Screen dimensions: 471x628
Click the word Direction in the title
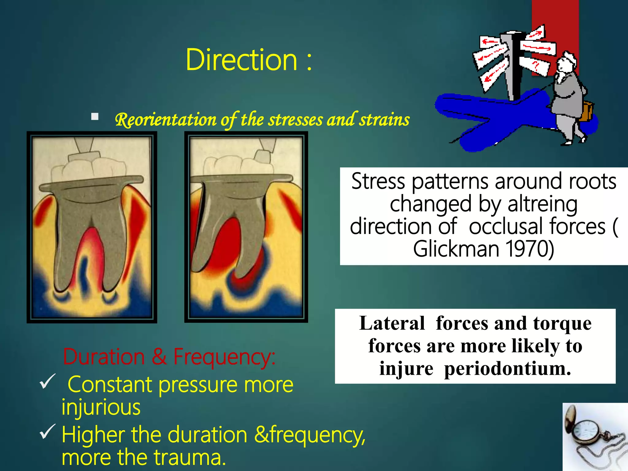pos(242,60)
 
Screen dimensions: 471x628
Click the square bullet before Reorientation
pos(95,117)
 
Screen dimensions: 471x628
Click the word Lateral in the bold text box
pos(392,323)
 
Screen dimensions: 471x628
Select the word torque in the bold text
pos(562,323)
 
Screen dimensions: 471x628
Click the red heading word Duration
pos(103,357)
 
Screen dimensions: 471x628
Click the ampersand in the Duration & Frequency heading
pos(159,357)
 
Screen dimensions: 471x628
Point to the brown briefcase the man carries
pos(587,111)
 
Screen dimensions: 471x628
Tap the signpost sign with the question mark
pos(535,64)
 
